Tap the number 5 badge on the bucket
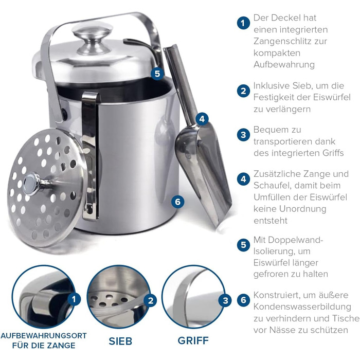click(x=157, y=74)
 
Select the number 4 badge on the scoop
click(x=202, y=119)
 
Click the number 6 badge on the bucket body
click(x=178, y=202)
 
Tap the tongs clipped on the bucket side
click(x=90, y=156)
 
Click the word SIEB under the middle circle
click(x=120, y=341)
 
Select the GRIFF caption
click(x=193, y=340)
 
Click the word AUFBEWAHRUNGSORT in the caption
click(x=44, y=336)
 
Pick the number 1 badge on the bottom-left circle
click(x=74, y=299)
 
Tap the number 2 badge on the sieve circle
click(x=151, y=300)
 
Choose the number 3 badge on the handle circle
click(x=225, y=300)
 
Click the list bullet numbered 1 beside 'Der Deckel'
click(x=243, y=23)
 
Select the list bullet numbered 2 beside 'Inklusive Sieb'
click(x=243, y=91)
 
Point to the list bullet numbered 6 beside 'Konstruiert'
click(x=243, y=300)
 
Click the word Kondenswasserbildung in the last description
click(x=302, y=307)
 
